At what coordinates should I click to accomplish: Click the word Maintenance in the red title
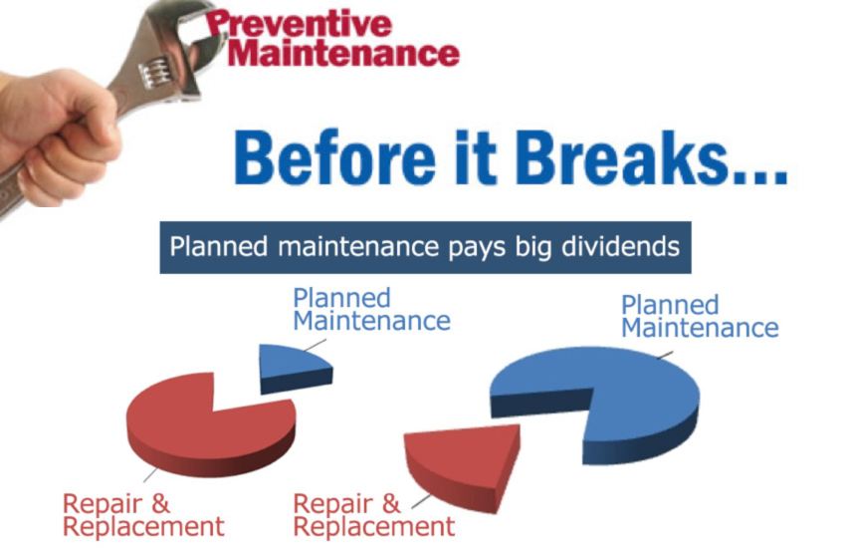point(343,53)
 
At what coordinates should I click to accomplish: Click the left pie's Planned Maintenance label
point(370,309)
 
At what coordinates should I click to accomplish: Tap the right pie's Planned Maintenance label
point(699,316)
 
